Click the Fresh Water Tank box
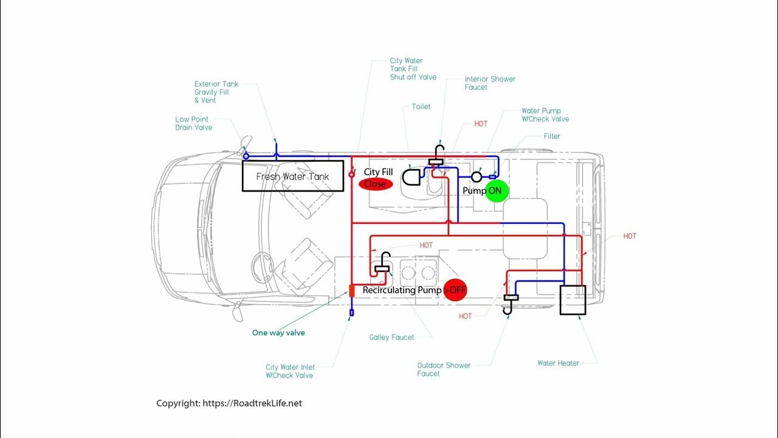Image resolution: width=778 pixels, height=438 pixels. (292, 176)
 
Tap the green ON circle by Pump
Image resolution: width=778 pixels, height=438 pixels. (495, 190)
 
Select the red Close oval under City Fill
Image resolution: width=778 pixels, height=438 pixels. (376, 184)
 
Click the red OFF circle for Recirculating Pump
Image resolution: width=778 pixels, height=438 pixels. (455, 290)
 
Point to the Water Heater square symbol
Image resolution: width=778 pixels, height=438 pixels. (573, 300)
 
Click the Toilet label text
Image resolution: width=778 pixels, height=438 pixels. (421, 106)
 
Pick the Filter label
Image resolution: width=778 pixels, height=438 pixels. (552, 136)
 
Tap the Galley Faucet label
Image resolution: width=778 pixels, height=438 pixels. (391, 337)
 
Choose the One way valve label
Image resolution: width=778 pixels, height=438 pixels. (278, 333)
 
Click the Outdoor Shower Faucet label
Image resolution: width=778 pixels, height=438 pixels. (444, 369)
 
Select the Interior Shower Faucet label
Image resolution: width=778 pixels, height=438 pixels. (490, 83)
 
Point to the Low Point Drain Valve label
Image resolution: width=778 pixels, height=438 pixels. (193, 123)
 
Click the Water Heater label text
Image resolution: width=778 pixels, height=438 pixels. (558, 363)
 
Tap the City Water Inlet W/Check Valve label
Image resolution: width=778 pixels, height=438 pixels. (290, 371)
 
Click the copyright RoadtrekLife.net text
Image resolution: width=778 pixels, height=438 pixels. (229, 403)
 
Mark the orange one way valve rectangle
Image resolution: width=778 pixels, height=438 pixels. (352, 291)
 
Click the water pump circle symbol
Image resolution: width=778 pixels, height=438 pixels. (477, 176)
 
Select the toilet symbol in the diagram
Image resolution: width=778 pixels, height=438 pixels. (411, 178)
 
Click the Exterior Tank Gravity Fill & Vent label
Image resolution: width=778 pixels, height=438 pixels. (216, 92)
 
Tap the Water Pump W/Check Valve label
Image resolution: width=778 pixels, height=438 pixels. (545, 115)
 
